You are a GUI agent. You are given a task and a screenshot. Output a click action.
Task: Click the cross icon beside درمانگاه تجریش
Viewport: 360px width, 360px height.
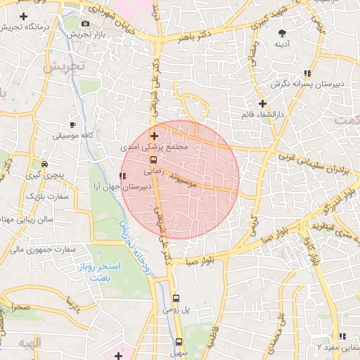[x=25, y=15]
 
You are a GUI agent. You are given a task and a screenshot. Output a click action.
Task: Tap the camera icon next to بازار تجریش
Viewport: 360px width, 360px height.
[x=86, y=24]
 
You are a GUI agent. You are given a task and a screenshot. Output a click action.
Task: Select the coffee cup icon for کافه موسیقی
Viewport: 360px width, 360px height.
[x=73, y=124]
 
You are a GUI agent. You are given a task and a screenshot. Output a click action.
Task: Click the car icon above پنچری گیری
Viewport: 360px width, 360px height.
[x=44, y=164]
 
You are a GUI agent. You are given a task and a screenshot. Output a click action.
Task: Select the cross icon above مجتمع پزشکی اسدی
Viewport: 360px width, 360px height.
[x=155, y=135]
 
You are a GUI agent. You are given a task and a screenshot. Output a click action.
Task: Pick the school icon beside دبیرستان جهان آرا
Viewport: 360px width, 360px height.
[x=124, y=176]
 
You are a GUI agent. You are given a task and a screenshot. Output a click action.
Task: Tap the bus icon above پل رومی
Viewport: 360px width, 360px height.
[x=176, y=297]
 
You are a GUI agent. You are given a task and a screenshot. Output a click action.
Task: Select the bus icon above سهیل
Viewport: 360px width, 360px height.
[x=179, y=342]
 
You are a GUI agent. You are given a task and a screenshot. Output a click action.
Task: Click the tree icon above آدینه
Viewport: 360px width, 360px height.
[x=283, y=33]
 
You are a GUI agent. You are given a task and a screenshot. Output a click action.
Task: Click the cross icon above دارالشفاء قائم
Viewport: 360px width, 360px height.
[x=262, y=103]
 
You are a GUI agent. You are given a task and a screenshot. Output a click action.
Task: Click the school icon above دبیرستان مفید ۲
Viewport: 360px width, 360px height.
[x=342, y=336]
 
